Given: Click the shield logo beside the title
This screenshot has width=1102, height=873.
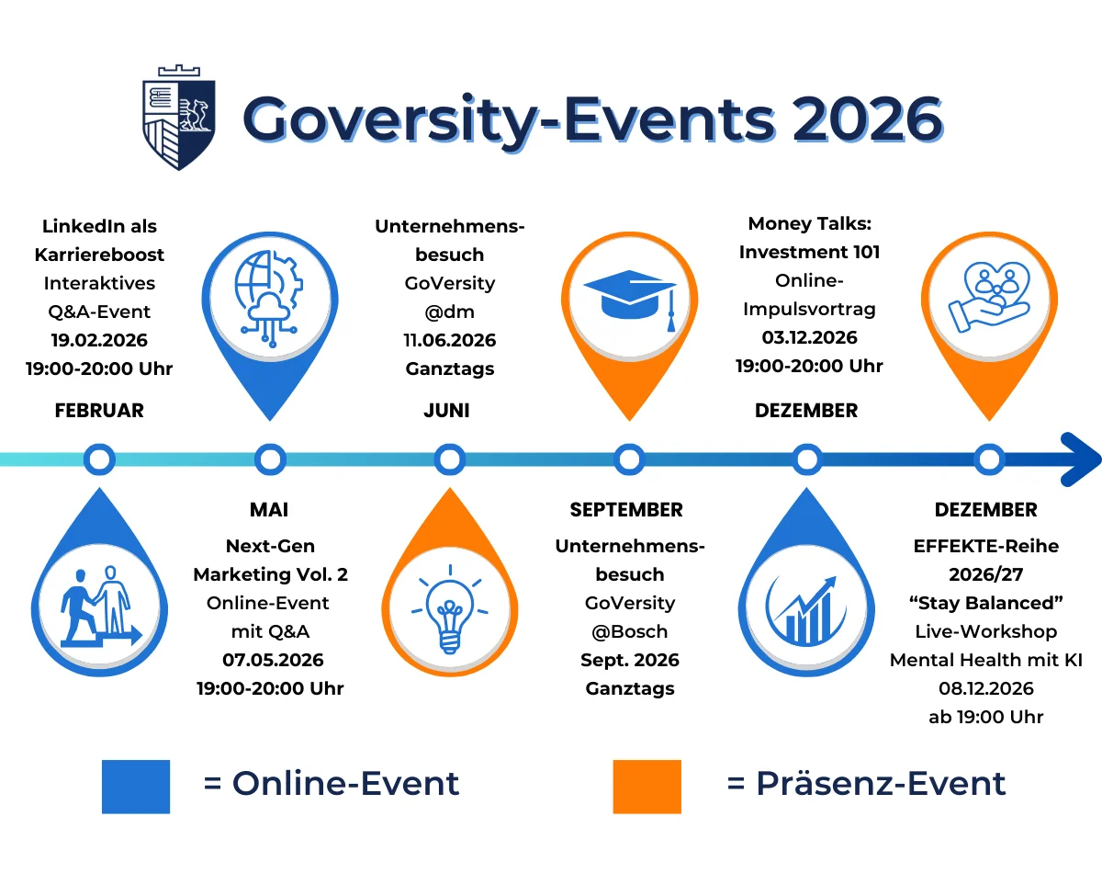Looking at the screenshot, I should pos(178,117).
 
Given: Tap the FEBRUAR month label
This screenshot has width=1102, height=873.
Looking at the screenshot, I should pos(99,410).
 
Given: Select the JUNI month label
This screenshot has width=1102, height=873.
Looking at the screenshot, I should pos(446,410).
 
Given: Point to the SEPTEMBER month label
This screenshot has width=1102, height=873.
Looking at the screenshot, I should pos(626,509).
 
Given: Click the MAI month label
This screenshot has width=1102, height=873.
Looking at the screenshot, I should pos(269,509).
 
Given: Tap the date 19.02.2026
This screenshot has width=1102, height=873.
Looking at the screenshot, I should pos(99,340).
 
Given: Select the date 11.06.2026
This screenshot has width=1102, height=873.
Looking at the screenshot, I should pos(450,340).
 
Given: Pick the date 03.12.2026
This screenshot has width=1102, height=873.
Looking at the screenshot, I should pos(809,337).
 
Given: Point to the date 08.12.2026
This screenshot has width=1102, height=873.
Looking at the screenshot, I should pos(985,688).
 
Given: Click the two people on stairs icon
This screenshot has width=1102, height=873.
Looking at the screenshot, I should pos(99,607).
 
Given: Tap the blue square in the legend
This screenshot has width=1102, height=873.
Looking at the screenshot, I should pos(136,786).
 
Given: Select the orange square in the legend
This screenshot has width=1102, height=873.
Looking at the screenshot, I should pos(647,786).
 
